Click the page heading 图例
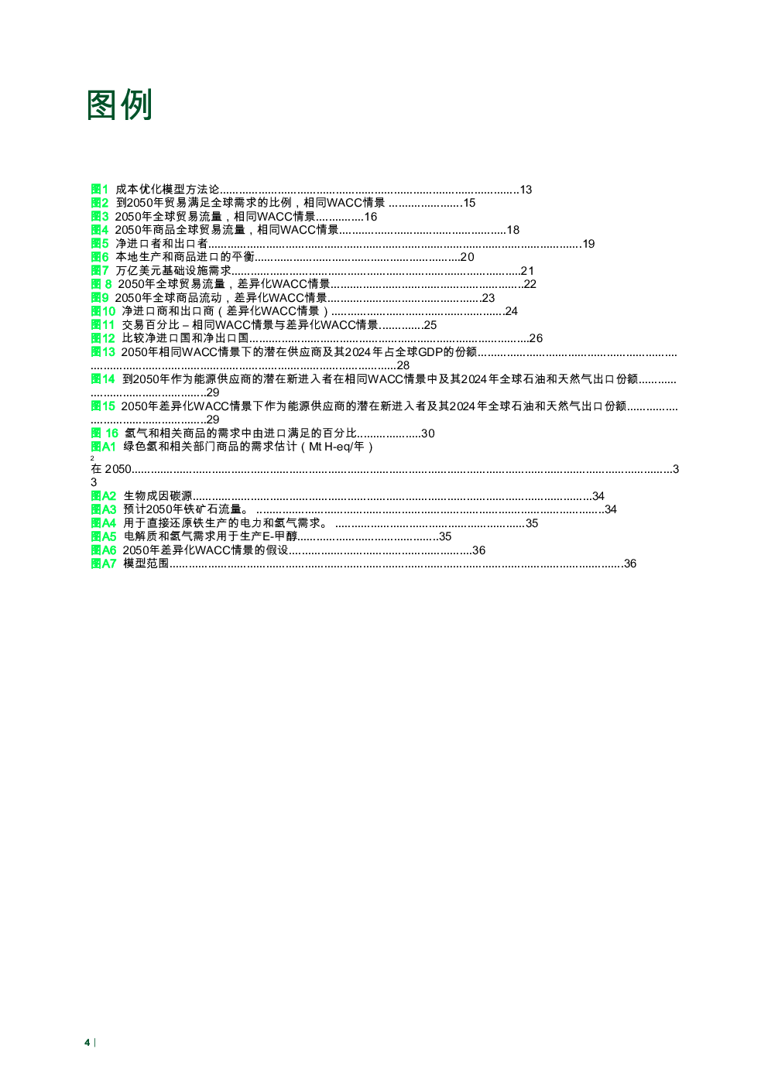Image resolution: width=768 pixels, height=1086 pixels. (119, 104)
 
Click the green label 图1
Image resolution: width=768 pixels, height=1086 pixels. (99, 189)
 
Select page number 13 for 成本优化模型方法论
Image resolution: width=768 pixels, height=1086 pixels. (526, 190)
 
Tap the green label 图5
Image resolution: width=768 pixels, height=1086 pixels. (99, 243)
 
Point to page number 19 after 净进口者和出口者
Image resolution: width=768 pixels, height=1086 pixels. (588, 244)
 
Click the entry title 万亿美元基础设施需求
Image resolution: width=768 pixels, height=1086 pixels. (173, 270)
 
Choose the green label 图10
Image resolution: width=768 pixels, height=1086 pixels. (103, 311)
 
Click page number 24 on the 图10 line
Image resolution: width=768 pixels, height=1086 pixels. (511, 311)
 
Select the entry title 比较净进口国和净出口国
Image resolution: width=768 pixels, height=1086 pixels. (185, 338)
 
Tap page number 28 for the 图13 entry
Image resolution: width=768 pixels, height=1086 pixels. (403, 365)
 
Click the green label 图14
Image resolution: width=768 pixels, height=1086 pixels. (103, 379)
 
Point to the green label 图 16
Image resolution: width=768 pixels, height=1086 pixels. (105, 433)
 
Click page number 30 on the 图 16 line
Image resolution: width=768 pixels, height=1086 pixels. (427, 433)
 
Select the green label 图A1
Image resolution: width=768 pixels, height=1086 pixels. (103, 447)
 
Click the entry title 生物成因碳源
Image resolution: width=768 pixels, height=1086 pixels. (158, 495)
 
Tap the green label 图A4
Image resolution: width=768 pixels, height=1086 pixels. (103, 522)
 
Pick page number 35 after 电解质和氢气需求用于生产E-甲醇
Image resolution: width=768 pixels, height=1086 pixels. (445, 536)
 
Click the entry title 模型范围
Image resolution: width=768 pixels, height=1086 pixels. (146, 564)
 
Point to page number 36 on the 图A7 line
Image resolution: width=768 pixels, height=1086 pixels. (630, 564)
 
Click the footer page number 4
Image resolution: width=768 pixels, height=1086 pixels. (87, 1043)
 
